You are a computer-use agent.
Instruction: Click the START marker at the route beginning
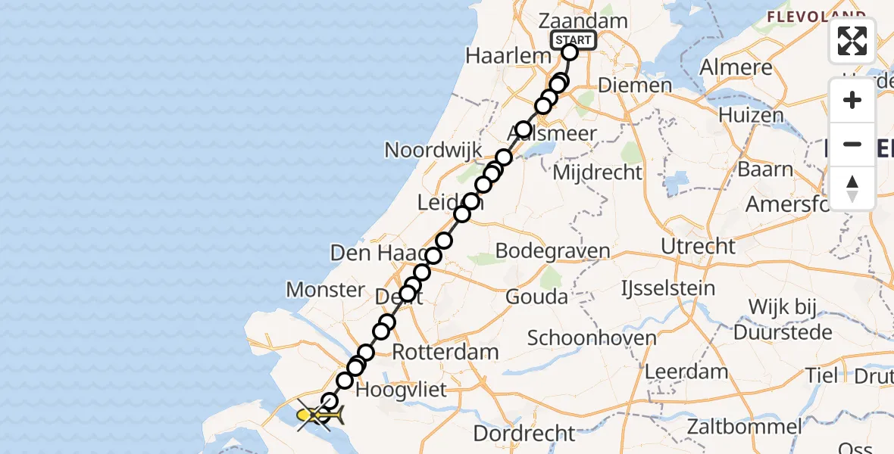tap(574, 41)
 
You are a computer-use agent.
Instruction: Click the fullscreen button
tap(852, 41)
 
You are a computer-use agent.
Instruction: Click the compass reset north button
tap(852, 188)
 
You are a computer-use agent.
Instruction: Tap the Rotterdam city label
tap(445, 352)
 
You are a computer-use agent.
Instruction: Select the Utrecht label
tap(698, 246)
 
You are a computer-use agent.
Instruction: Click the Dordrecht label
tap(524, 434)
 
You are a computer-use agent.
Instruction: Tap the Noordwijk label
tap(433, 149)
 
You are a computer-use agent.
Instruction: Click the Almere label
tap(736, 67)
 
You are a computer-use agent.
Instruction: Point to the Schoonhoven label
tap(592, 337)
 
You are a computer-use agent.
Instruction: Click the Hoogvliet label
tap(401, 390)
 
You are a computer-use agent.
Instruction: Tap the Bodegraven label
tap(552, 251)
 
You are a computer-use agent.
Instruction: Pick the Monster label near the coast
tap(325, 289)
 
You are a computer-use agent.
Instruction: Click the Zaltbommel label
tap(744, 427)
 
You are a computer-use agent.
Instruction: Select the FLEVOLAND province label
tap(815, 16)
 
